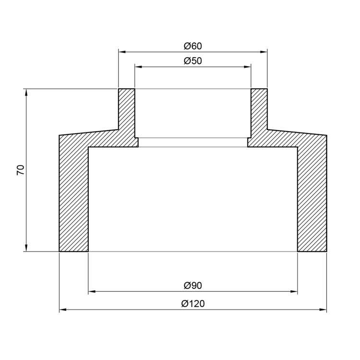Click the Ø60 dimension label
pos(193,46)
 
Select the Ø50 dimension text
pos(193,61)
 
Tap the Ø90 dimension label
pos(193,286)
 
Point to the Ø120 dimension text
pos(193,303)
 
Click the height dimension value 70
pos(21,170)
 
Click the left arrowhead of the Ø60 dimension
pos(122,52)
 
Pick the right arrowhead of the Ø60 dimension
pos(264,52)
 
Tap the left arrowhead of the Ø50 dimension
pos(138,67)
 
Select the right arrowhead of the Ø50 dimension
pos(248,67)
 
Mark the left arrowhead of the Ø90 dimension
pos(92,291)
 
